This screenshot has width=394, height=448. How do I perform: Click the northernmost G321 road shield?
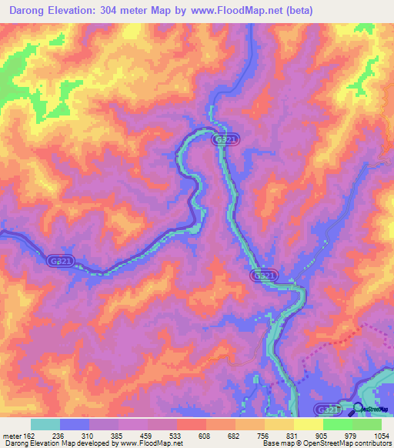point(226,139)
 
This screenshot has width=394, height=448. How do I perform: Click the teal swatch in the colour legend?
point(45,424)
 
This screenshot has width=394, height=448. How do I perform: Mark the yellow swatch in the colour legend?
point(309,424)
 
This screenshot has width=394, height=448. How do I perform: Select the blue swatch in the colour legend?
point(75,424)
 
